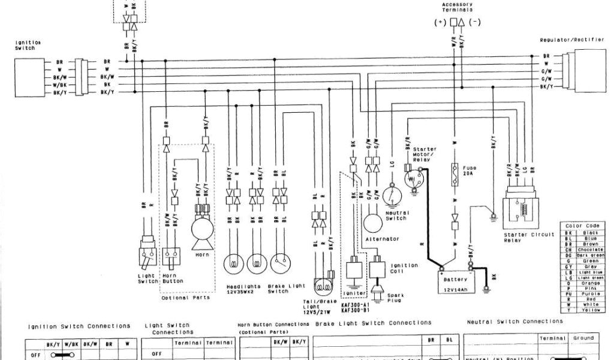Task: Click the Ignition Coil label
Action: coord(401,268)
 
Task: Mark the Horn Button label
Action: coord(173,278)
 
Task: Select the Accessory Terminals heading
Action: coord(458,7)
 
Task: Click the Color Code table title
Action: coord(582,226)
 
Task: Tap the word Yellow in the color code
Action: coord(591,310)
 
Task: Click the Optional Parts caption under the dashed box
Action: coord(186,298)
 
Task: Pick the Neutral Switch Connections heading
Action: coord(514,322)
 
